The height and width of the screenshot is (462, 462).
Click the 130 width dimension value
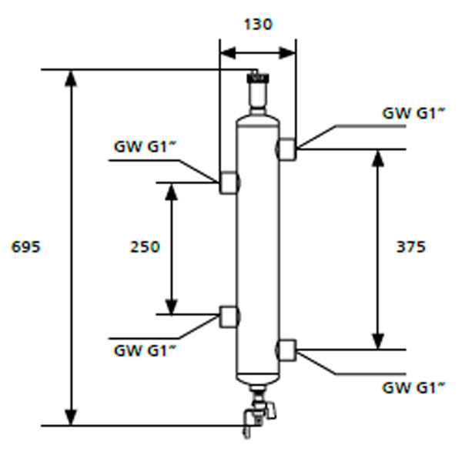point(259,25)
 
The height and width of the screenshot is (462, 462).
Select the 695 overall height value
point(25,247)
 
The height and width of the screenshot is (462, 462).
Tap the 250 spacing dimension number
point(145,247)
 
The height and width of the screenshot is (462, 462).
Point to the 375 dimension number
point(411,247)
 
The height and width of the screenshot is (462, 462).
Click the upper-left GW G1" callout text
point(145,146)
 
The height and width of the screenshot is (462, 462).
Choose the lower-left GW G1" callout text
point(145,350)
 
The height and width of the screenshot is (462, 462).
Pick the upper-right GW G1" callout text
point(413,113)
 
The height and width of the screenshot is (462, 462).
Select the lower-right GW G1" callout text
point(413,388)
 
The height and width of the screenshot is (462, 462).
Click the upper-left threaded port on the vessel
point(229,182)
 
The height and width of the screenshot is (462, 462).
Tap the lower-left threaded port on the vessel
point(229,317)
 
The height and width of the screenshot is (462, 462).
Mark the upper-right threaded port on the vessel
point(286,149)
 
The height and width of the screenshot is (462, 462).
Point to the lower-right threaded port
point(286,350)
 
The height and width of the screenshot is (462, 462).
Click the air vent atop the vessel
point(258,92)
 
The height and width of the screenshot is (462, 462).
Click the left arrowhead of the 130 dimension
point(228,53)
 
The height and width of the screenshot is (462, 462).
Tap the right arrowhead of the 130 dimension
point(287,53)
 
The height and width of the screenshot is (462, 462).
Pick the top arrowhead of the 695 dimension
point(71,79)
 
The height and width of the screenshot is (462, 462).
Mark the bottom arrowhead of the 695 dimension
point(71,417)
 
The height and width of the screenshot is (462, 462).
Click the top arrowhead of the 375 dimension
point(378,159)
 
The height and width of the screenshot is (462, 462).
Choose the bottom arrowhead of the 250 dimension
point(171,306)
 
